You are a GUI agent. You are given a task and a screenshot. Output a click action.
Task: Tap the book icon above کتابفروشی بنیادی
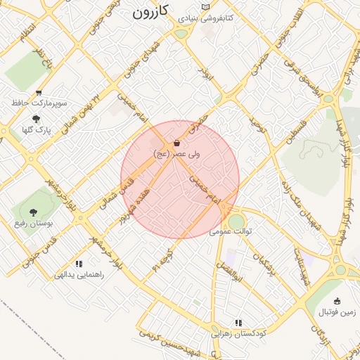(205, 8)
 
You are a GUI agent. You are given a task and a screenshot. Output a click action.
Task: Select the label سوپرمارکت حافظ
(39, 103)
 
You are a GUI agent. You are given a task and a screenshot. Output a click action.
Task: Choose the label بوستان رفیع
(31, 223)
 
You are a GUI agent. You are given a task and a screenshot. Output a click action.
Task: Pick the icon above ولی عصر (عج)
(176, 142)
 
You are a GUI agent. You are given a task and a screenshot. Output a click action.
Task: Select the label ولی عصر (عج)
(176, 153)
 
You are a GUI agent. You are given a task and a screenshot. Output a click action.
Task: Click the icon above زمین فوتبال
(337, 301)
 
